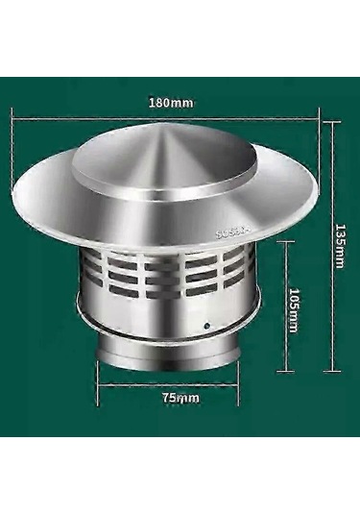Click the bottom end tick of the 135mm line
pyautogui.click(x=332, y=371)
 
